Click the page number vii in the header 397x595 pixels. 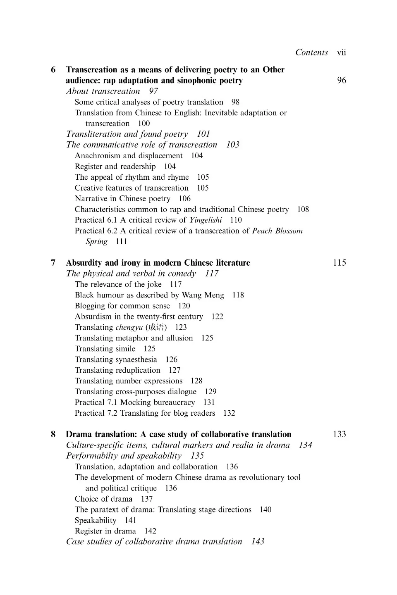(342, 52)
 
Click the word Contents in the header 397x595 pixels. (311, 52)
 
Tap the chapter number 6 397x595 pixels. (53, 70)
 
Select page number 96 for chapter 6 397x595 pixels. (342, 81)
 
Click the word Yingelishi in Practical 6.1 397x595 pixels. (206, 220)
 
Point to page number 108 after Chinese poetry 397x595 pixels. (303, 209)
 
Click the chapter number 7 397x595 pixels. (53, 263)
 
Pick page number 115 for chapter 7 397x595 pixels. (340, 263)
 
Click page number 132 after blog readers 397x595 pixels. (229, 413)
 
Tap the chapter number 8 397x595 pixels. (53, 434)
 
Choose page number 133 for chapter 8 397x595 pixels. (340, 434)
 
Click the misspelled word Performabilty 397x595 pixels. (92, 456)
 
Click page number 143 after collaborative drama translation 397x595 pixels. (258, 542)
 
